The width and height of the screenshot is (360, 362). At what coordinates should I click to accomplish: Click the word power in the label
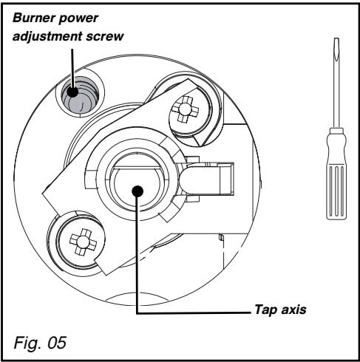pos(73,16)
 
